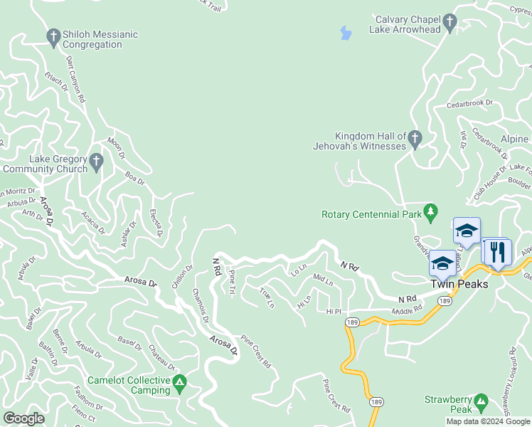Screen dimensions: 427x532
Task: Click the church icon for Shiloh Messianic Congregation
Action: (53, 35)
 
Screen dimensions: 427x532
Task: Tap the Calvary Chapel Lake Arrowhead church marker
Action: (449, 24)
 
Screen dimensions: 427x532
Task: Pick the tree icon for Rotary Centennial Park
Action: (430, 211)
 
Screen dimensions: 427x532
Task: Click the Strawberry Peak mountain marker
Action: (482, 402)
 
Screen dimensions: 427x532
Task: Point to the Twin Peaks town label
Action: (458, 283)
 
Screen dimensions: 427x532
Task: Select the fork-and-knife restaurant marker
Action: (496, 251)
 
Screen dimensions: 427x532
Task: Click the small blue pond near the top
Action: (346, 33)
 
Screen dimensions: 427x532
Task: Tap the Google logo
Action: (23, 418)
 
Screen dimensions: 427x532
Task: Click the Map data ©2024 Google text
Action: (488, 421)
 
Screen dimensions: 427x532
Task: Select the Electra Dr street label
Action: (156, 222)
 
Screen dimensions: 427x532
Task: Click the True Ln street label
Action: (267, 297)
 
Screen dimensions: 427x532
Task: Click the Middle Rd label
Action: (407, 310)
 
